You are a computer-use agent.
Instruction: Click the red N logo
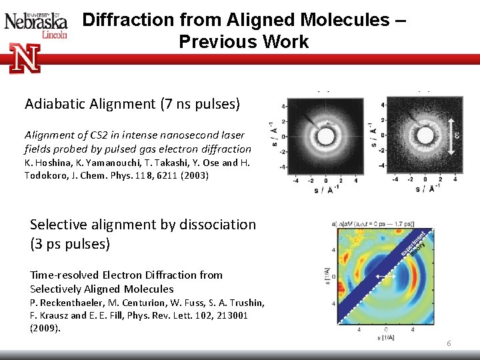click(25, 58)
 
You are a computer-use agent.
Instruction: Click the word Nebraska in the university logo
click(36, 21)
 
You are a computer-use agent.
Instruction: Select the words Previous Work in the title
click(243, 42)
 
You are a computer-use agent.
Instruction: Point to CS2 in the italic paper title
click(103, 135)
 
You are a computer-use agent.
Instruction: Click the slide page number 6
click(449, 343)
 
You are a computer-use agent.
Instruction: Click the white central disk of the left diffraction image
click(325, 137)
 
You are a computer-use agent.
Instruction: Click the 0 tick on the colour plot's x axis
click(386, 329)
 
